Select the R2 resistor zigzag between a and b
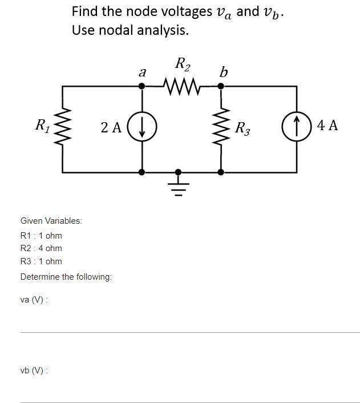181,87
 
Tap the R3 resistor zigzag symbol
221,127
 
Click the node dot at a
142,86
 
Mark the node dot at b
221,86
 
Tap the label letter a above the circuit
142,72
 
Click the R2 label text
183,64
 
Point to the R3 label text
243,127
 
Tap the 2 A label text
111,127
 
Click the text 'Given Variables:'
51,220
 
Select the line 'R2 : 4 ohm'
41,248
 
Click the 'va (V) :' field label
34,300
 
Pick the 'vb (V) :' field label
34,370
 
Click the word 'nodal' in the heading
123,30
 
